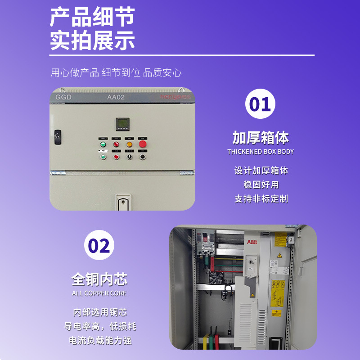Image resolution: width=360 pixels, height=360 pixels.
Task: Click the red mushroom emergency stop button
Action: (x=143, y=144)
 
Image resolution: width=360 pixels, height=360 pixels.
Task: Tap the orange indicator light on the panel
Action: (x=130, y=144)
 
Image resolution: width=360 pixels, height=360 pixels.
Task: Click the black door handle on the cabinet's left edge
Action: (x=57, y=136)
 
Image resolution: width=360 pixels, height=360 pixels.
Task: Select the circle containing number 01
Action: (x=261, y=104)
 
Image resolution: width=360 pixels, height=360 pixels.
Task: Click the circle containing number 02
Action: (x=99, y=245)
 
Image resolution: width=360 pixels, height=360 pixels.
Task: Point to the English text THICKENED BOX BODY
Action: (x=261, y=152)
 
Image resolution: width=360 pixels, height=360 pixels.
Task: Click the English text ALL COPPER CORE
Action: (x=99, y=293)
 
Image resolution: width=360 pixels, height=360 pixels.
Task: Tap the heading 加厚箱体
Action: (x=261, y=137)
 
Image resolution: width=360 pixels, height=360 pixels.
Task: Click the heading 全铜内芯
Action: (x=99, y=279)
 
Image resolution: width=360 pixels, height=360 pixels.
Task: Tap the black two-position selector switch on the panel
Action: (x=130, y=157)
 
